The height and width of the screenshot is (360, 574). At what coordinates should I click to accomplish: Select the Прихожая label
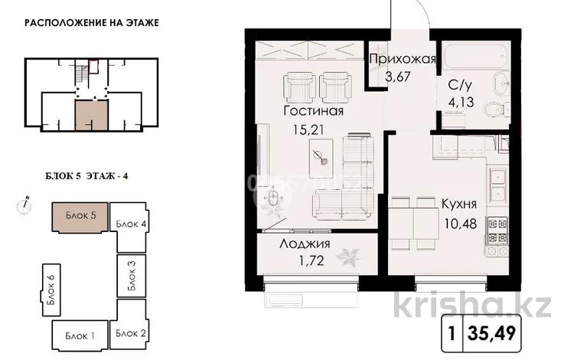point(402,60)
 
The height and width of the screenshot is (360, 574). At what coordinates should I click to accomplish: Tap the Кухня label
point(459,205)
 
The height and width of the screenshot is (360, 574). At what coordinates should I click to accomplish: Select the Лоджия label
point(305,245)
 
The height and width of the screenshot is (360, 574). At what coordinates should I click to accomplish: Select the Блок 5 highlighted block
point(80,216)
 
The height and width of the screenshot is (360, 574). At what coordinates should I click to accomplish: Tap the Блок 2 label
point(131,332)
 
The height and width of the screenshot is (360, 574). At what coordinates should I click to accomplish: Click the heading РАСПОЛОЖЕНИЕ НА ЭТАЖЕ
point(92,23)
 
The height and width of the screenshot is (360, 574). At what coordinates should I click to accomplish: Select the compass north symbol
point(25,204)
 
